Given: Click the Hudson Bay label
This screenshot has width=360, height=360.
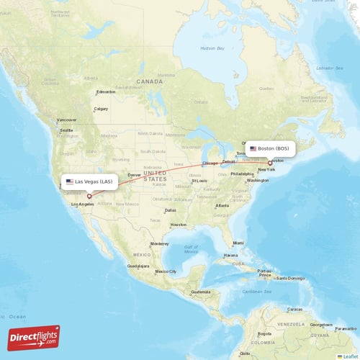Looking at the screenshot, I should (x=212, y=48).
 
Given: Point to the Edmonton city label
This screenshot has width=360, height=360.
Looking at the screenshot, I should (x=107, y=92).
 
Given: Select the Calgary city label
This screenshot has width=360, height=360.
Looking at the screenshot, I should (x=101, y=109).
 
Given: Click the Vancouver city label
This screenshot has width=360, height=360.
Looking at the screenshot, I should (x=66, y=120).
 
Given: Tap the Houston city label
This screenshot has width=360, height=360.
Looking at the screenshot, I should (x=179, y=225).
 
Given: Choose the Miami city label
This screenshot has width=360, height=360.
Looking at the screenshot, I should (x=238, y=243).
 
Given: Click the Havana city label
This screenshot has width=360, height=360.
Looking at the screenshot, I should (x=230, y=255).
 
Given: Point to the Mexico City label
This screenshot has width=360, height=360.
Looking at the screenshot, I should (x=166, y=271).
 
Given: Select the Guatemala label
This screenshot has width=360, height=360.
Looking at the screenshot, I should (x=199, y=292).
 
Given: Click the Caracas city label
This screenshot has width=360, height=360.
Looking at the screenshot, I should (x=294, y=309).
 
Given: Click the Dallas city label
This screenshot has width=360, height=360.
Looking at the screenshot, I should (x=171, y=210).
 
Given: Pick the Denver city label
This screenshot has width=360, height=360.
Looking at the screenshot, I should (x=135, y=175).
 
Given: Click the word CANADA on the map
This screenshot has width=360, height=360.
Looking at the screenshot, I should (x=150, y=81).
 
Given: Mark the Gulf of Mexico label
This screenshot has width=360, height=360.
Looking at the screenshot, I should (x=191, y=249).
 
